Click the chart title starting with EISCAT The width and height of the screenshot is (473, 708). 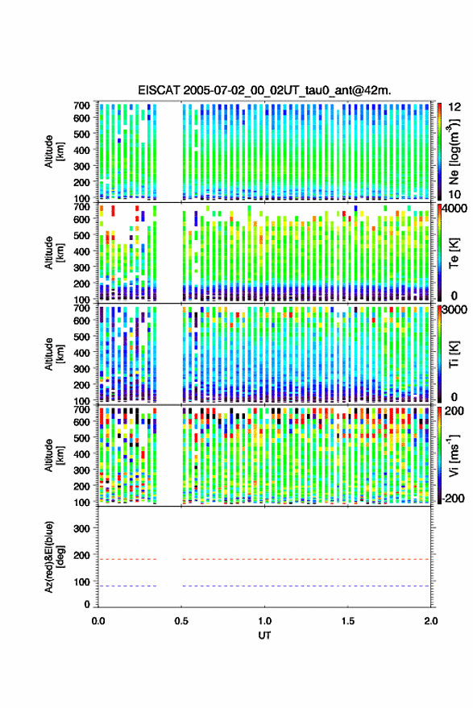[x=264, y=90]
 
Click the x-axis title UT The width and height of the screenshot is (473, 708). [x=264, y=636]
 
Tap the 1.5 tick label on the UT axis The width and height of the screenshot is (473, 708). [x=348, y=621]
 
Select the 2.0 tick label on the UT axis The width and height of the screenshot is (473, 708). [x=431, y=621]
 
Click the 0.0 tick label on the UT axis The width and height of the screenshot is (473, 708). [x=98, y=621]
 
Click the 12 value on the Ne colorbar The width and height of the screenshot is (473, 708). [x=455, y=107]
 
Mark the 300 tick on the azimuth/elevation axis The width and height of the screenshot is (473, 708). [x=81, y=528]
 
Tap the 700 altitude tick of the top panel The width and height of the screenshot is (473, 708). [x=81, y=106]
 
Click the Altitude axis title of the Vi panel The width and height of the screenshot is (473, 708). [x=54, y=455]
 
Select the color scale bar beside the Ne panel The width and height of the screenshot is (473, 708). [x=439, y=151]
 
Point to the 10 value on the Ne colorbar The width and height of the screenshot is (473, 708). [x=455, y=195]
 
